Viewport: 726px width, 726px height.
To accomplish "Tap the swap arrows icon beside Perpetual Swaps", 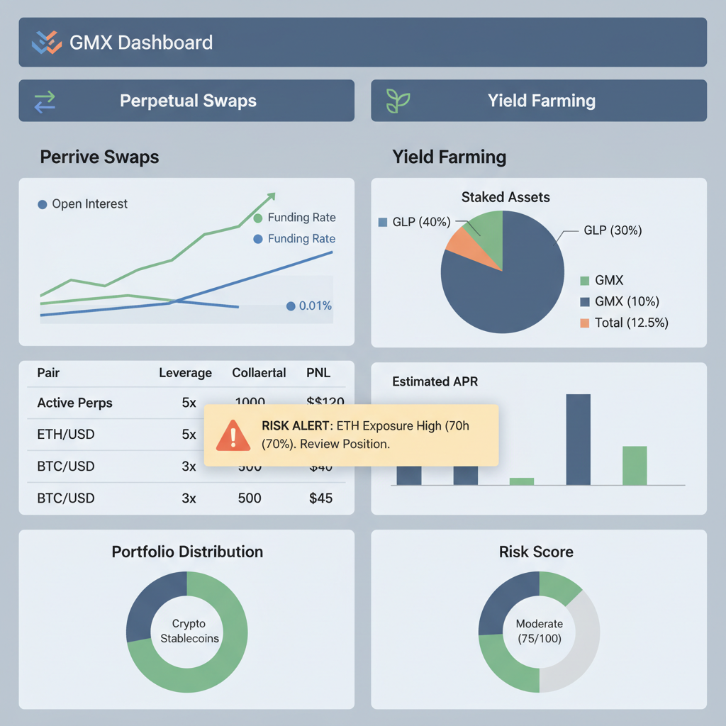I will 45,101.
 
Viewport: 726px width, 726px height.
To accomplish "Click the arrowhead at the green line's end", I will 271,197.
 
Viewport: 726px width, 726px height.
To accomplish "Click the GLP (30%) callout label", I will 612,230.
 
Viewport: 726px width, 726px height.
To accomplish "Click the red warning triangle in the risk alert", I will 233,435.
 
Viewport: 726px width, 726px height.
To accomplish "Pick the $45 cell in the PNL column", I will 320,498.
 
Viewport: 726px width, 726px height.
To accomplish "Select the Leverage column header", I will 185,373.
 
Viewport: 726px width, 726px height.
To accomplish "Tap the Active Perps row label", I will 74,403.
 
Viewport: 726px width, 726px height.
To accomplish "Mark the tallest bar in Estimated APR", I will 579,440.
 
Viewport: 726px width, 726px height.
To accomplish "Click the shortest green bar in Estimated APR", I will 522,481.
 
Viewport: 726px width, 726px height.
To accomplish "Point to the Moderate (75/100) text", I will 539,630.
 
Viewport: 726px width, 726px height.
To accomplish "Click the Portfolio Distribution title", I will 187,552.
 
